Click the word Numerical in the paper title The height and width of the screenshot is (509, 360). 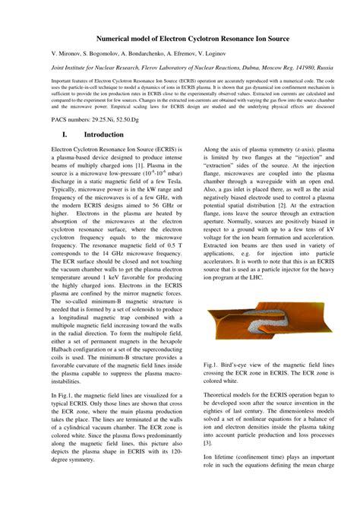pyautogui.click(x=116, y=38)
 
